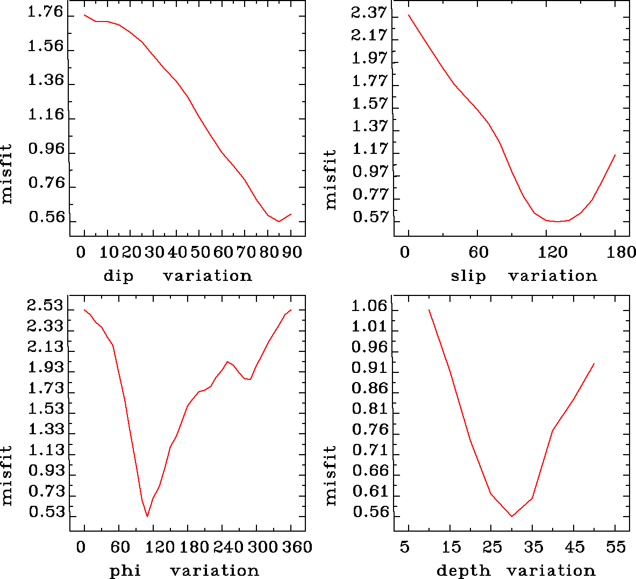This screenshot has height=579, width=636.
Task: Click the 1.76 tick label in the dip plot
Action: [x=45, y=12]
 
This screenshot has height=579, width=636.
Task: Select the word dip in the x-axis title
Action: [x=118, y=276]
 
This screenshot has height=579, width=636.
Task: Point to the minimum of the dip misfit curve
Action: [x=278, y=221]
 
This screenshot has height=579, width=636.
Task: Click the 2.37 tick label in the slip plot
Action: [x=369, y=12]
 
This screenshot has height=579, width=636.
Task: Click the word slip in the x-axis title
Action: [x=468, y=276]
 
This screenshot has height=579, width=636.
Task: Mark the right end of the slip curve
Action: [x=615, y=154]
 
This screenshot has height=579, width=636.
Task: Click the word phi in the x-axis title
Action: [x=125, y=570]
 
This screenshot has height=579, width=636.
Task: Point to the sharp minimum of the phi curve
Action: [x=147, y=517]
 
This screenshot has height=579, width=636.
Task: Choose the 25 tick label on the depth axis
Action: [x=492, y=547]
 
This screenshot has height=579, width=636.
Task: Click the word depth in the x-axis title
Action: [x=463, y=570]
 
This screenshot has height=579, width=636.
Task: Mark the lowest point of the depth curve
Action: [x=512, y=517]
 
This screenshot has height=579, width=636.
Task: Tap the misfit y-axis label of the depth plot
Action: [x=330, y=475]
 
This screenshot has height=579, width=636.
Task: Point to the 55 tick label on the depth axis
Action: [x=616, y=547]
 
